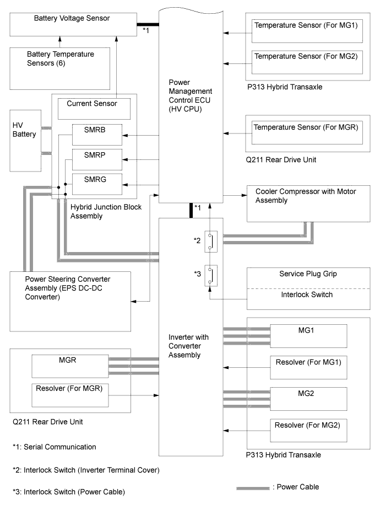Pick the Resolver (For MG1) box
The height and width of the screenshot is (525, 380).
point(308,366)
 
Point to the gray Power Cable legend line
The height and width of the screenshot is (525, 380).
point(252,488)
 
